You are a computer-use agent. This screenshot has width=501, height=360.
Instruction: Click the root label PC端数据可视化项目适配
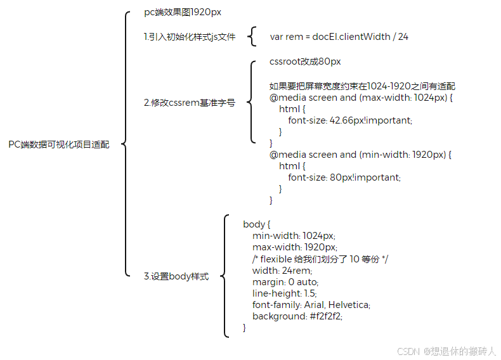[58, 145]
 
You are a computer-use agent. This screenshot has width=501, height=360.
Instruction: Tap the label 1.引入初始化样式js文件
[190, 37]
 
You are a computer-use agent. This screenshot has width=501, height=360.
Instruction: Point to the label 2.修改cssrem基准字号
[189, 102]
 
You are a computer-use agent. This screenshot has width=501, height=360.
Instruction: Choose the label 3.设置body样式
[176, 276]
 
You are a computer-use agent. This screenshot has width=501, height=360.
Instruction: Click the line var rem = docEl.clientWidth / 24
[339, 37]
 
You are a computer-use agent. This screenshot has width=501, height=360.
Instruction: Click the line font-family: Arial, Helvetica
[311, 304]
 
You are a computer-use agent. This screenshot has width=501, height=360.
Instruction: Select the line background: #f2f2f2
[302, 316]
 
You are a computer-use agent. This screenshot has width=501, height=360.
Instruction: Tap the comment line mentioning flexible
[320, 259]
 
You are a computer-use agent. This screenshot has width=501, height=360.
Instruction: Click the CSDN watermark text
[446, 350]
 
